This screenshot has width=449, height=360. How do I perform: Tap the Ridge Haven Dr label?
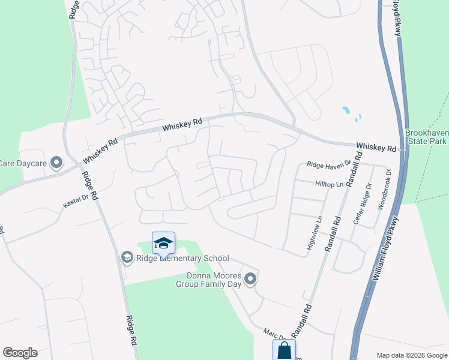[x=328, y=164]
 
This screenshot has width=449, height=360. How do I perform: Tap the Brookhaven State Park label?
[x=426, y=137]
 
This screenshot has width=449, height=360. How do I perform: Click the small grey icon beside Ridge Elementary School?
[x=127, y=257]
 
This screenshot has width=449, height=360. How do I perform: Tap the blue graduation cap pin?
[x=163, y=243]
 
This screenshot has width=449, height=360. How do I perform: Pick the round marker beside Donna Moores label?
[x=251, y=279]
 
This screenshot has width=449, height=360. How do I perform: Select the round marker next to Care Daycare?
[x=56, y=163]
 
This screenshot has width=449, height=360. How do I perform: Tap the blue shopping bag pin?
[x=284, y=350]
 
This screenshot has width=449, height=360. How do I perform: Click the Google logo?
[x=20, y=353]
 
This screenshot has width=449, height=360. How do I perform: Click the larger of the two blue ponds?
[x=346, y=110]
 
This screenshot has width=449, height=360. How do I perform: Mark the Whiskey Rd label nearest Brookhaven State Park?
[x=376, y=147]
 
